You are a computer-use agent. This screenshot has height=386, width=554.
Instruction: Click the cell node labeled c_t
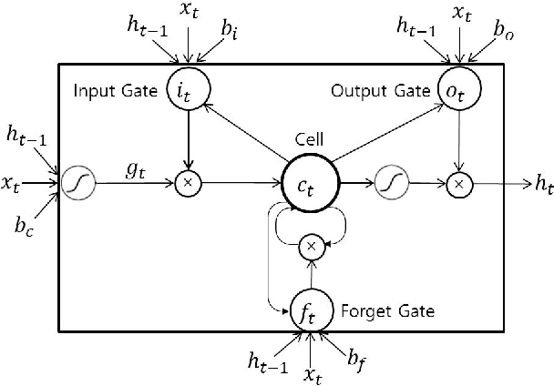click(x=312, y=184)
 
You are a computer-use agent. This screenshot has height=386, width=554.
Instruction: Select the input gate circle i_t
click(x=190, y=89)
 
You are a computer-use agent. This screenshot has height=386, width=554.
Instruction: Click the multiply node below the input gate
click(x=190, y=184)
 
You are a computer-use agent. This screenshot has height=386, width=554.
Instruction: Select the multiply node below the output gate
click(x=459, y=184)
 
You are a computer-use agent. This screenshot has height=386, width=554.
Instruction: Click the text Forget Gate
click(x=386, y=310)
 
